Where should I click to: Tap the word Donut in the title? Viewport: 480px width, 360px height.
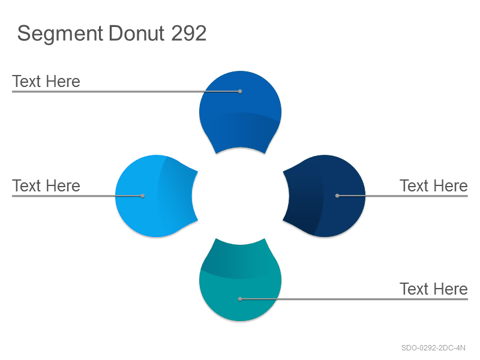coord(136,33)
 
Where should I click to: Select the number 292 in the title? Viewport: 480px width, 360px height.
coord(188,33)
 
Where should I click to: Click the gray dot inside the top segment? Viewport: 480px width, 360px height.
coord(240,91)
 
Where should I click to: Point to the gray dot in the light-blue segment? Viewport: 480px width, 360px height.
coord(143,196)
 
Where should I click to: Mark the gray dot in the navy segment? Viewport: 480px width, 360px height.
coord(337,196)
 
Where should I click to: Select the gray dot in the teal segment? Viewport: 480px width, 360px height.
coord(240,299)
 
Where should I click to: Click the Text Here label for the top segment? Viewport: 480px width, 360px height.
coord(46,82)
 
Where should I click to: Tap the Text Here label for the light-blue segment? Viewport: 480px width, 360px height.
coord(46,186)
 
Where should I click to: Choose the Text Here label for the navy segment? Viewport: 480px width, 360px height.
coord(433,186)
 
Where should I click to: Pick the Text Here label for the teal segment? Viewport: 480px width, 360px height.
coord(433,289)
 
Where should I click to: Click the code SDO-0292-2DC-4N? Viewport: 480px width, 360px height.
coord(433,348)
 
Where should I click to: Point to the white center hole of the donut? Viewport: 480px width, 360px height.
coord(241,196)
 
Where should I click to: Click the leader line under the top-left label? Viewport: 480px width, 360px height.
coord(126,91)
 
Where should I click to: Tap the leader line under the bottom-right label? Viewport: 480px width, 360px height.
coord(354,299)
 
